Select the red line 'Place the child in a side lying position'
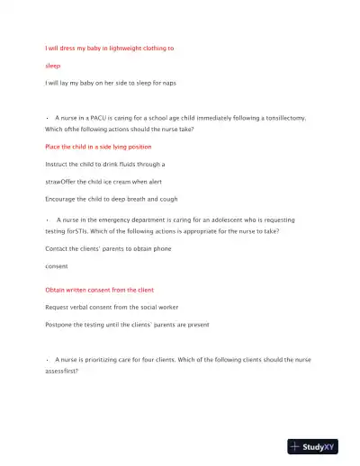coord(98,146)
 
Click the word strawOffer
coord(63,182)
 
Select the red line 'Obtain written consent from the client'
coord(99,290)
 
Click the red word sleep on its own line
coord(53,66)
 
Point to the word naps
coord(168,83)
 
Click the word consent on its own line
coord(58,265)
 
